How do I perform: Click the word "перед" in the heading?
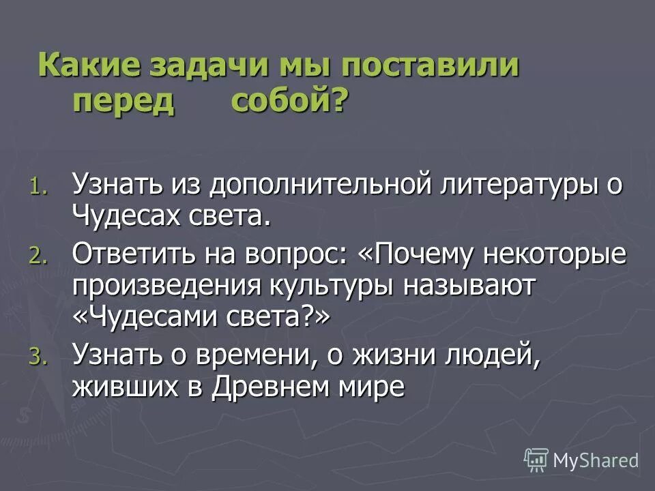pyautogui.click(x=124, y=102)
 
